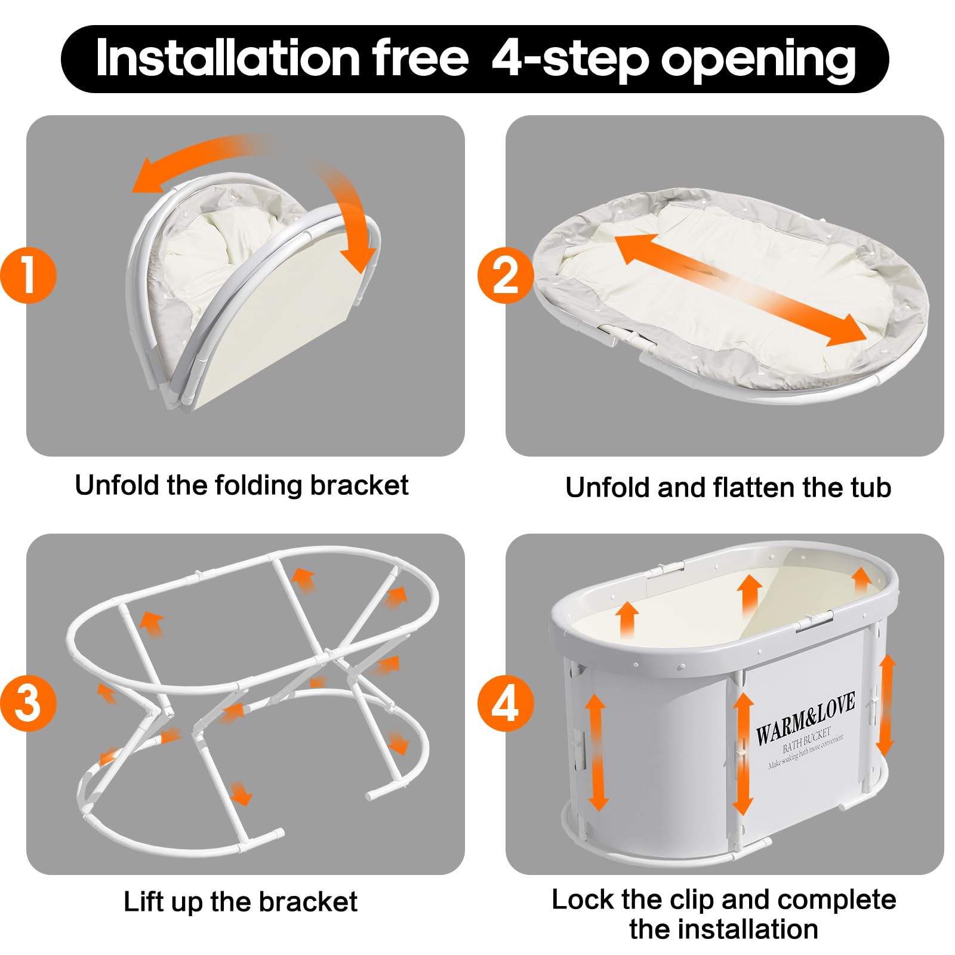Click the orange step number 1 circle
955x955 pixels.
[x=28, y=275]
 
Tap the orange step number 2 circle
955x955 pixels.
[x=505, y=275]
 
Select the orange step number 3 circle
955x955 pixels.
[x=28, y=703]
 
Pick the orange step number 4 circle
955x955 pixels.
[x=505, y=703]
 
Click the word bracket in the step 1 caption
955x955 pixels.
[x=359, y=485]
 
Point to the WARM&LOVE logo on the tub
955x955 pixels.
[x=805, y=718]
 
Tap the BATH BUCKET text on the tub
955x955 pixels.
[x=806, y=740]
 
